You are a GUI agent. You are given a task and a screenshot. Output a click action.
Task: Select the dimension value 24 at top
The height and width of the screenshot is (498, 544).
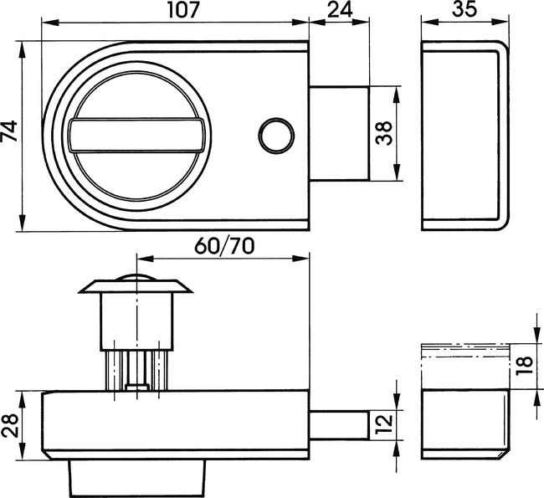tap(338, 13)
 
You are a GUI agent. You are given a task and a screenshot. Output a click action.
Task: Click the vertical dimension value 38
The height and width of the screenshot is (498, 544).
tap(384, 134)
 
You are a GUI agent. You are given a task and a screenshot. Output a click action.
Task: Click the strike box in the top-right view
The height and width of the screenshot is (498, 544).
tap(461, 135)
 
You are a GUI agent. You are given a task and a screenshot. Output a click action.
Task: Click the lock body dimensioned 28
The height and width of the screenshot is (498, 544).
tap(176, 424)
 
